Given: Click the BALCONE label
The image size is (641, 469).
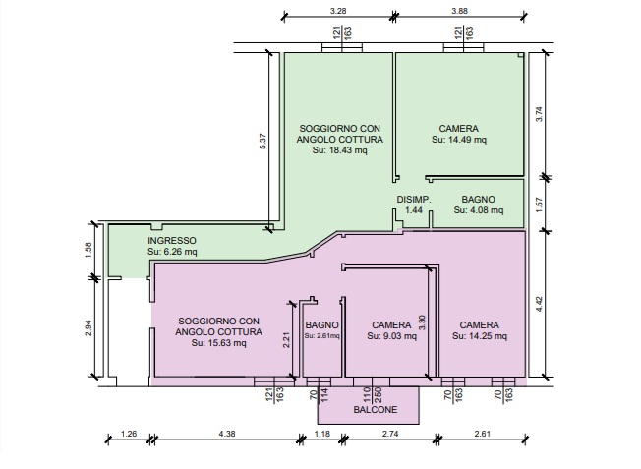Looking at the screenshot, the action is [x=376, y=410].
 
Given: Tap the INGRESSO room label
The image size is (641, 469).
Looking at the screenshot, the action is [x=172, y=241].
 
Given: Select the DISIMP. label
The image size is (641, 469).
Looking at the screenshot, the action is [x=414, y=200].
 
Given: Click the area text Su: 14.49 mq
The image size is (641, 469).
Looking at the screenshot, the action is [x=459, y=140].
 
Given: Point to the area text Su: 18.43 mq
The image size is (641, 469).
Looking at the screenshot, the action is [x=340, y=150].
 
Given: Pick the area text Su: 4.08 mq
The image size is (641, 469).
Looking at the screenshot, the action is [x=479, y=210].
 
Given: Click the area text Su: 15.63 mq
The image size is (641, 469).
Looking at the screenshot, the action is [x=218, y=342].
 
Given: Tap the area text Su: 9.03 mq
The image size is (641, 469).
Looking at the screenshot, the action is [x=391, y=336].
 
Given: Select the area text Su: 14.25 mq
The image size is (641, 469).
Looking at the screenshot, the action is [x=480, y=336].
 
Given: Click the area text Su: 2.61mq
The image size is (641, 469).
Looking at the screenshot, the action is [x=322, y=336].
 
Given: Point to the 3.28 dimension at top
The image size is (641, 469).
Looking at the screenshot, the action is [x=338, y=11].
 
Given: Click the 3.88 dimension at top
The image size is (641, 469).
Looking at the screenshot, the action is [x=459, y=11].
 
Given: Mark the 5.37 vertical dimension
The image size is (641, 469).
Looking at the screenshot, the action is [x=262, y=141].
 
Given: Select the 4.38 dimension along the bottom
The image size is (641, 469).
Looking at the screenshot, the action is [x=227, y=434].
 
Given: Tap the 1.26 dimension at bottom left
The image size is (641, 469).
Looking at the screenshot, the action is [x=129, y=434].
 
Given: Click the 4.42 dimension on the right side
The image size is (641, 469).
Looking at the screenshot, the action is [x=539, y=304].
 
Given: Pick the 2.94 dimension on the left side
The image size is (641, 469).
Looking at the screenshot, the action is [x=88, y=328].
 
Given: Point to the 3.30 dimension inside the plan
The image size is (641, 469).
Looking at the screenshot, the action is [x=423, y=322].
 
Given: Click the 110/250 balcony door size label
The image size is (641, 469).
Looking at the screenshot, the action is [x=372, y=395].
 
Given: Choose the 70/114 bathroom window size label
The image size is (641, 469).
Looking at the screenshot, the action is [x=320, y=395].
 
